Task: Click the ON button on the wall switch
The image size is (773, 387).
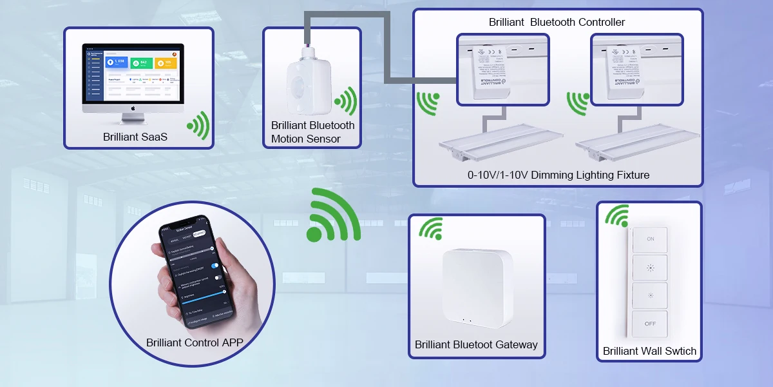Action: tap(650, 239)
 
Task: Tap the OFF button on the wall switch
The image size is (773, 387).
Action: tap(650, 323)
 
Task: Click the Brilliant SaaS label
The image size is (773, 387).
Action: tap(135, 137)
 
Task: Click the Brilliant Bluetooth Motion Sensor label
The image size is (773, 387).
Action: tap(312, 132)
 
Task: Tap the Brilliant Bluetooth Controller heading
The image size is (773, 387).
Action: tap(557, 23)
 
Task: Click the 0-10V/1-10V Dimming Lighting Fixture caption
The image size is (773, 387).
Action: tap(558, 175)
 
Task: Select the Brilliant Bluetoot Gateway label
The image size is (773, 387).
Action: tap(476, 344)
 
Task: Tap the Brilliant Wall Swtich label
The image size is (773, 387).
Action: tap(649, 352)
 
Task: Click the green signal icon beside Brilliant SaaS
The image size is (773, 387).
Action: tap(199, 125)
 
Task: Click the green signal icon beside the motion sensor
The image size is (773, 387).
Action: tap(346, 101)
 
